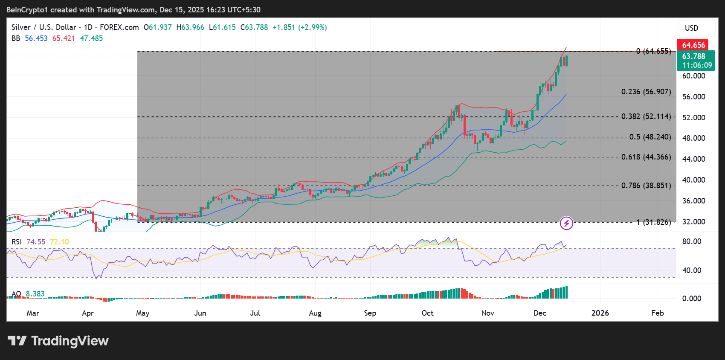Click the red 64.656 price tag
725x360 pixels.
(693, 45)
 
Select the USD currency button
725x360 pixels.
(692, 28)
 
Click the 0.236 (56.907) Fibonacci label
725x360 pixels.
(646, 92)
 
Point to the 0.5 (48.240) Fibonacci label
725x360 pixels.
(650, 137)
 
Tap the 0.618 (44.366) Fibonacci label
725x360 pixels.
(646, 157)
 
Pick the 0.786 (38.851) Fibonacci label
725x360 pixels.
(646, 186)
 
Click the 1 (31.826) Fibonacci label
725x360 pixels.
(653, 222)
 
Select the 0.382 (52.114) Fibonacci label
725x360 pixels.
(646, 116)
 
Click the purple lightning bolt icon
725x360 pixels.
(566, 223)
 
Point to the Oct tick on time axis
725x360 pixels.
(427, 313)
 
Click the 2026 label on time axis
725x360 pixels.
(600, 313)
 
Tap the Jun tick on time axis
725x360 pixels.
(200, 313)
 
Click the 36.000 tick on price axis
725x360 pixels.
(693, 201)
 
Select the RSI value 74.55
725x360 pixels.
(36, 242)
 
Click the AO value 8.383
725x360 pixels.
(35, 294)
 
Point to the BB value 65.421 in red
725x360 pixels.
(64, 38)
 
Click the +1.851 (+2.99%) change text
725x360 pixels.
(299, 27)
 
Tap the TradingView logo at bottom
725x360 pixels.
(58, 341)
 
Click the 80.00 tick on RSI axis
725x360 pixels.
(691, 241)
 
